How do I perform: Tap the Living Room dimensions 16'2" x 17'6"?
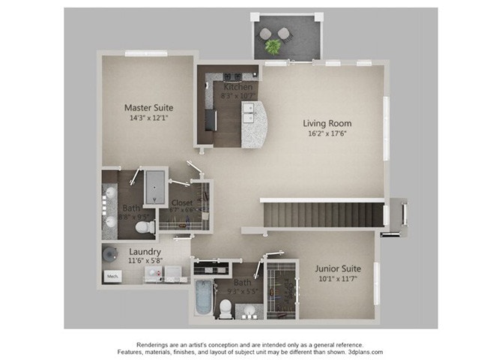(327, 134)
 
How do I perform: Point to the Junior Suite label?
(337, 268)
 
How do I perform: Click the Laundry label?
(145, 251)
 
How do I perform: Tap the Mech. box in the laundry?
(112, 275)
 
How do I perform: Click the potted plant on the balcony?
(273, 46)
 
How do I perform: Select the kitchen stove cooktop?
(232, 76)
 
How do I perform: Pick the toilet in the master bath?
(142, 226)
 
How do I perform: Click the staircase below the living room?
(322, 214)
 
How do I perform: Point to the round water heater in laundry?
(109, 253)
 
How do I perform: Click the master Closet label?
(182, 202)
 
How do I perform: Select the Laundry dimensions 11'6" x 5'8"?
(145, 261)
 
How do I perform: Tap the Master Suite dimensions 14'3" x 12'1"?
(147, 118)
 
